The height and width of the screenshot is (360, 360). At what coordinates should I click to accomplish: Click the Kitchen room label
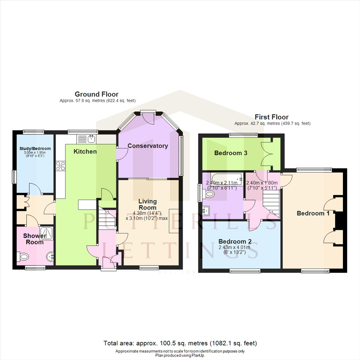pyautogui.click(x=85, y=152)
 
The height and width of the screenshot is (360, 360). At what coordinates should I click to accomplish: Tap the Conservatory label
pyautogui.click(x=148, y=146)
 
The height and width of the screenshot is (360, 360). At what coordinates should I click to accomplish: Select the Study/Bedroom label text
pyautogui.click(x=35, y=149)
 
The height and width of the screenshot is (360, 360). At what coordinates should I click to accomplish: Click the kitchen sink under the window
pyautogui.click(x=87, y=139)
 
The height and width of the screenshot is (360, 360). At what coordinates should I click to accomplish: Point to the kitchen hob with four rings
pyautogui.click(x=61, y=166)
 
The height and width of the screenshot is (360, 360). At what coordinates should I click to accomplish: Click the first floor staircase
pyautogui.click(x=271, y=203)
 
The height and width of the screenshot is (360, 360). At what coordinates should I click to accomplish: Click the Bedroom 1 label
pyautogui.click(x=313, y=213)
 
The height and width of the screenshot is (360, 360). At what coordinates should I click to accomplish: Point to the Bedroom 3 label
pyautogui.click(x=231, y=153)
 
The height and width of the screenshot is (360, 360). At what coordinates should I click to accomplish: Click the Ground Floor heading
pyautogui.click(x=96, y=94)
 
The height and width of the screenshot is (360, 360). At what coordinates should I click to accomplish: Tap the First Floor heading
pyautogui.click(x=272, y=117)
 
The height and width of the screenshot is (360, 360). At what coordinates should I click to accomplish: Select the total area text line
pyautogui.click(x=180, y=343)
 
